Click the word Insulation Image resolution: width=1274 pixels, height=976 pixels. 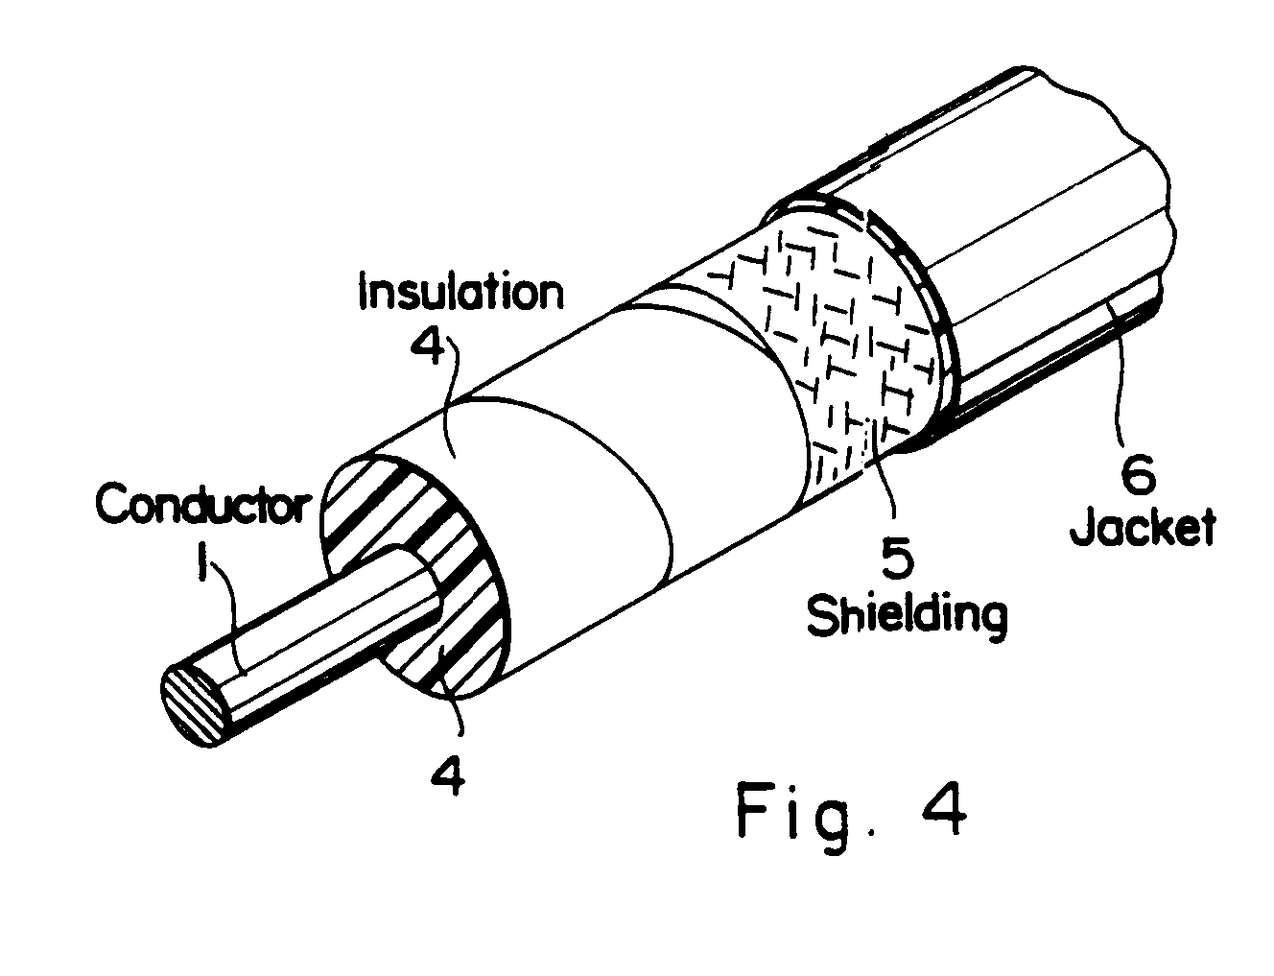pyautogui.click(x=460, y=292)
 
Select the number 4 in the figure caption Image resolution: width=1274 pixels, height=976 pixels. pyautogui.click(x=942, y=811)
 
